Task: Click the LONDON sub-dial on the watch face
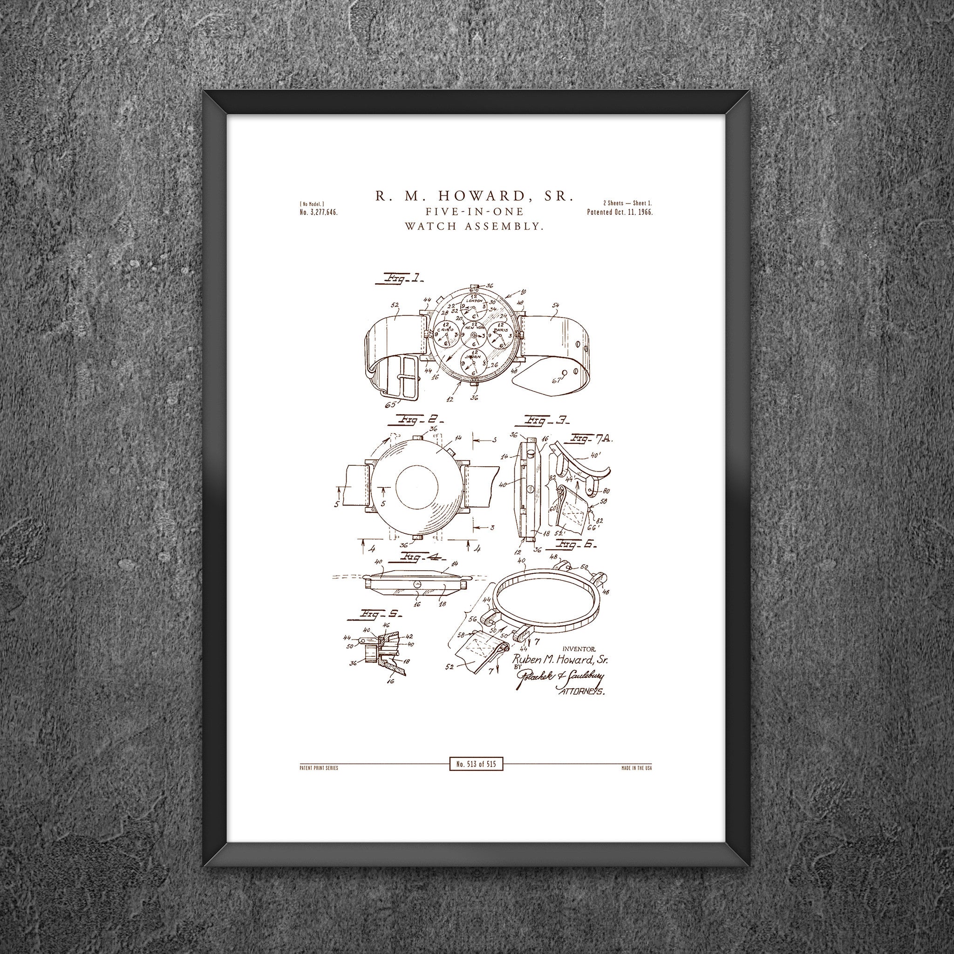pos(473,307)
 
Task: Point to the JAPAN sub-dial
pos(473,362)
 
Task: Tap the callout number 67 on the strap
pos(557,380)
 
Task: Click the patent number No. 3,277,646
pos(319,212)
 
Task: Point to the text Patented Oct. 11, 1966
pos(620,212)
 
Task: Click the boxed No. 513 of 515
pos(476,764)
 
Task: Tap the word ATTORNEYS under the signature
pos(581,692)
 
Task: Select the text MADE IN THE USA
pos(636,768)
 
